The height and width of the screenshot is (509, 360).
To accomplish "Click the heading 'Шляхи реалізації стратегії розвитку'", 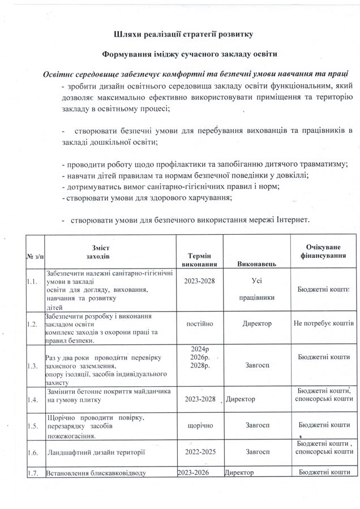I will pos(179,34).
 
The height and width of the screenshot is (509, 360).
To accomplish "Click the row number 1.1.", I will pos(32,281).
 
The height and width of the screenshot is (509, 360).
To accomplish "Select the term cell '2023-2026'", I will pos(196,472).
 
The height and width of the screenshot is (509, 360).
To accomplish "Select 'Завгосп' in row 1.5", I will pos(258,424).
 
